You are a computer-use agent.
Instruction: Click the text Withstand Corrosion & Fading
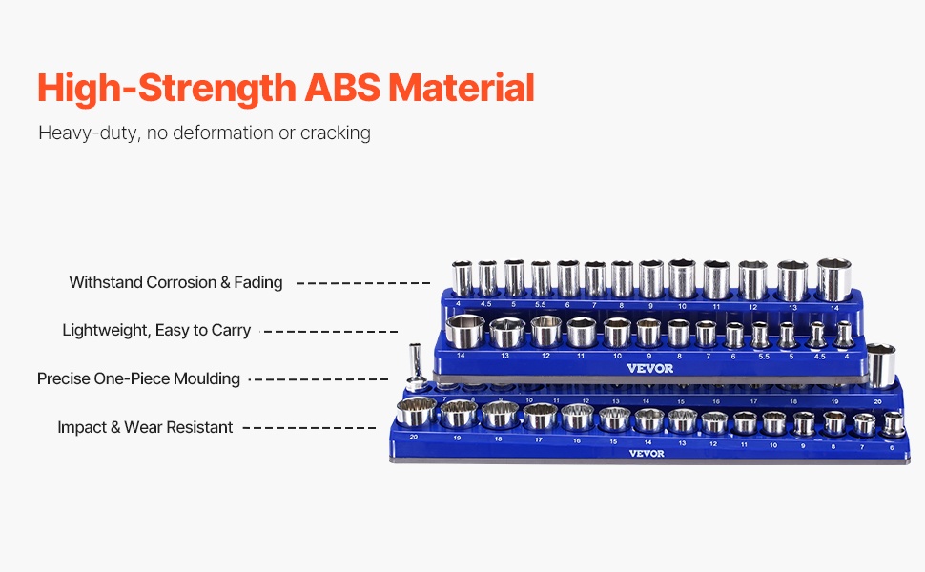[175, 282]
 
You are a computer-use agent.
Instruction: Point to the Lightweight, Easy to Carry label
[156, 330]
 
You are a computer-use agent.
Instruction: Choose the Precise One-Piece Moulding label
[138, 378]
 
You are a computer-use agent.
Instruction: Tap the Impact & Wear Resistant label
[145, 427]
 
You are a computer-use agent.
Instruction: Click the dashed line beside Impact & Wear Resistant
[309, 428]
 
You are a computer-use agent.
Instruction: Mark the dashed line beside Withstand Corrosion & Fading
[362, 283]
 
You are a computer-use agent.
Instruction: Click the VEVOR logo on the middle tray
[650, 369]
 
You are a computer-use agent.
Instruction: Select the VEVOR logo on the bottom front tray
[646, 453]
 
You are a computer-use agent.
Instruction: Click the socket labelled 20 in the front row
[416, 414]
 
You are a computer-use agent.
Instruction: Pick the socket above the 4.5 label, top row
[487, 278]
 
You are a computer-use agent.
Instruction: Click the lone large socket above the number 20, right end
[880, 366]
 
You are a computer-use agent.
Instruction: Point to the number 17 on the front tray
[540, 439]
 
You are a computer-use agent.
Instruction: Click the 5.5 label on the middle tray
[760, 356]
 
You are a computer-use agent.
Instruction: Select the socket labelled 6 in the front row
[894, 423]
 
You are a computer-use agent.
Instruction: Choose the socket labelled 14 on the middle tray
[462, 333]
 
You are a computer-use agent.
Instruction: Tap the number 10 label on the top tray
[682, 306]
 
